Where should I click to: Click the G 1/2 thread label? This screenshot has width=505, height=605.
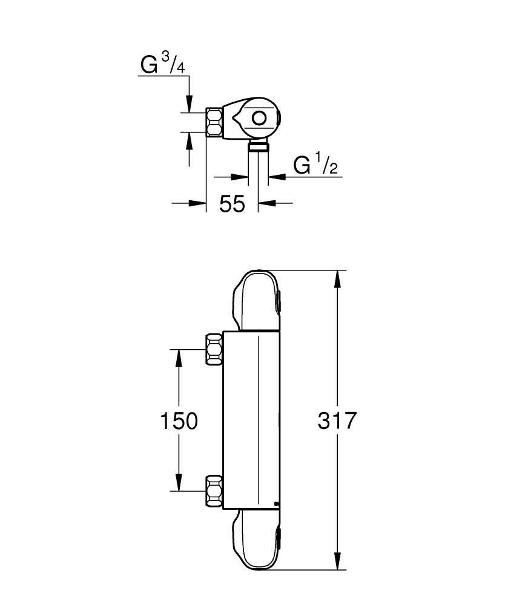pyautogui.click(x=315, y=166)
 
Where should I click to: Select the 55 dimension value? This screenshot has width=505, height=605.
pyautogui.click(x=232, y=204)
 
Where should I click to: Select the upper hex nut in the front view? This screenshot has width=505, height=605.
pyautogui.click(x=214, y=349)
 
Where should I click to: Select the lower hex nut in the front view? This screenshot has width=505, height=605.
pyautogui.click(x=214, y=491)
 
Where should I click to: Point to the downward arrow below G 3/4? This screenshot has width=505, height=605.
pyautogui.click(x=190, y=103)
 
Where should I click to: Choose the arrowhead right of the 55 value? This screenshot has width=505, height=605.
pyautogui.click(x=266, y=203)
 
